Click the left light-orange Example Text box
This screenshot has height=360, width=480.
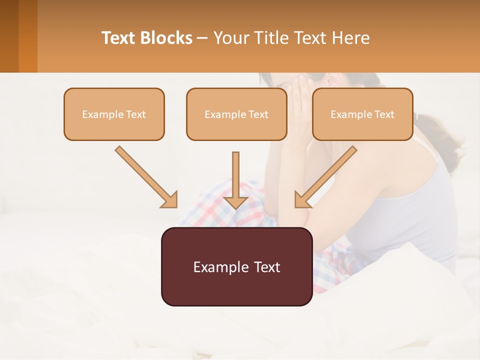pos(114,114)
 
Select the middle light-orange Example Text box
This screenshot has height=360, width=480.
pos(236,114)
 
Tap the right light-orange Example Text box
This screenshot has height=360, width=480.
pos(362,114)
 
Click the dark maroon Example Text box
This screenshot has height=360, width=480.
pos(236,266)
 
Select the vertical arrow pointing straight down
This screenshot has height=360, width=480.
pos(236,180)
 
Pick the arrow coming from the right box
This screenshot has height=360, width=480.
pos(326,176)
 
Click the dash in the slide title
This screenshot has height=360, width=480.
pos(202,38)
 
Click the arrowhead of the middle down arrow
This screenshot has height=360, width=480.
pos(236,202)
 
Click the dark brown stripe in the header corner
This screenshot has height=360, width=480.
pos(9,36)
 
